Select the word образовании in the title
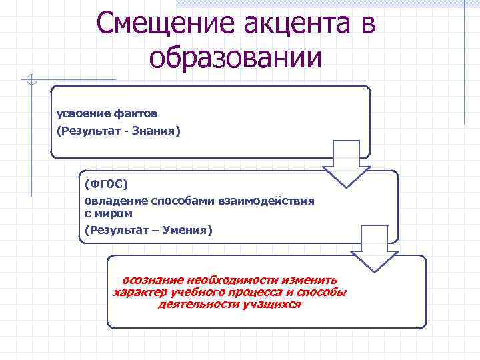235,58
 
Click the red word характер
139,293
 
